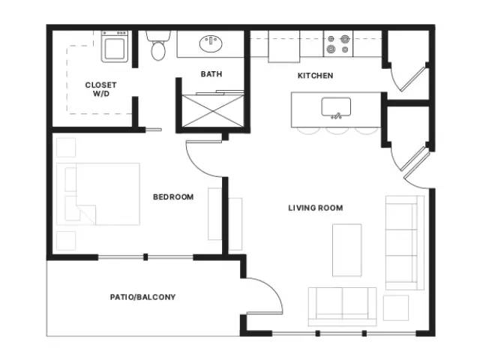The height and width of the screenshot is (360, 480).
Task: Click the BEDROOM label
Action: click(173, 196)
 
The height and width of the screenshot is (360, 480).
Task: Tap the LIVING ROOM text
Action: click(316, 208)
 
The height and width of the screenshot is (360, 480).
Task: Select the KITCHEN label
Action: click(315, 76)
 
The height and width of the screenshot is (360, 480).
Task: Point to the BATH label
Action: click(211, 74)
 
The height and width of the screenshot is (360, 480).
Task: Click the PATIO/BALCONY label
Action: click(143, 297)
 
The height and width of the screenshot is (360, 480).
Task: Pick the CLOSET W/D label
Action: click(100, 89)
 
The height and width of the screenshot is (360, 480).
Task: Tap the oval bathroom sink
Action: click(211, 43)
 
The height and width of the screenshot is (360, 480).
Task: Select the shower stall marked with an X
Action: click(213, 111)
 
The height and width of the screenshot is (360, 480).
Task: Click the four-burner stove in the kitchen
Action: click(338, 43)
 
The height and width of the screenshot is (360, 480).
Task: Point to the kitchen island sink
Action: click(336, 107)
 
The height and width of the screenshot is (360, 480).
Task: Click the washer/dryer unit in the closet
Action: click(115, 46)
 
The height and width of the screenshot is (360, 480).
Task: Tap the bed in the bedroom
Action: click(98, 194)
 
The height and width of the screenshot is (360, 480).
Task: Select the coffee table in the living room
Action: click(347, 250)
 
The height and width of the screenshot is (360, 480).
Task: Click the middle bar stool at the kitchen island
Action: click(337, 131)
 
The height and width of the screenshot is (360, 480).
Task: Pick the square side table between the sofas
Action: click(396, 307)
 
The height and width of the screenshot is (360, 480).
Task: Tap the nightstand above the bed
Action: click(66, 148)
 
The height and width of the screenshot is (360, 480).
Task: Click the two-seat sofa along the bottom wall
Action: click(342, 307)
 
